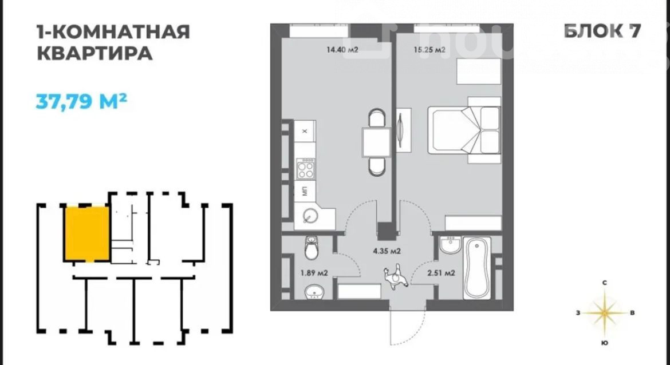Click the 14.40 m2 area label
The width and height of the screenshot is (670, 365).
click(342, 50)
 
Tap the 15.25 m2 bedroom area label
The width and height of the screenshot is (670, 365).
click(429, 50)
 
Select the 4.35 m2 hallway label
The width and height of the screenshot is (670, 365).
click(387, 251)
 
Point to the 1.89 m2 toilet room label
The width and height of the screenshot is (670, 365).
click(314, 273)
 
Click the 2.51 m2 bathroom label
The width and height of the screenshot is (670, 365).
click(440, 273)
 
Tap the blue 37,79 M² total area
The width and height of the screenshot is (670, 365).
click(81, 101)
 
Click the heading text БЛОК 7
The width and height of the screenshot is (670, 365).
click(602, 31)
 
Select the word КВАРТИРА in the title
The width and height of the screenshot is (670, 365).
click(95, 54)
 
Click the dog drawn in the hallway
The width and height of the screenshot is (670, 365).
click(396, 277)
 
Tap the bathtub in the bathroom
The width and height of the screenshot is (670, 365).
click(477, 268)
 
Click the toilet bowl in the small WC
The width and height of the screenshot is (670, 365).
click(312, 248)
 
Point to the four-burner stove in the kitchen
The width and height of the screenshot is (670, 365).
click(306, 169)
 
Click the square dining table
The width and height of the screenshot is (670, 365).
click(376, 142)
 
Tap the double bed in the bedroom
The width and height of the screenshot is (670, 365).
click(464, 130)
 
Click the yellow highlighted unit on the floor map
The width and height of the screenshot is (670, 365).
click(86, 234)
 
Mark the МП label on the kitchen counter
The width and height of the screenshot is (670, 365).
click(305, 191)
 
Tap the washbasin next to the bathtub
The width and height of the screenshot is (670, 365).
click(450, 245)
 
